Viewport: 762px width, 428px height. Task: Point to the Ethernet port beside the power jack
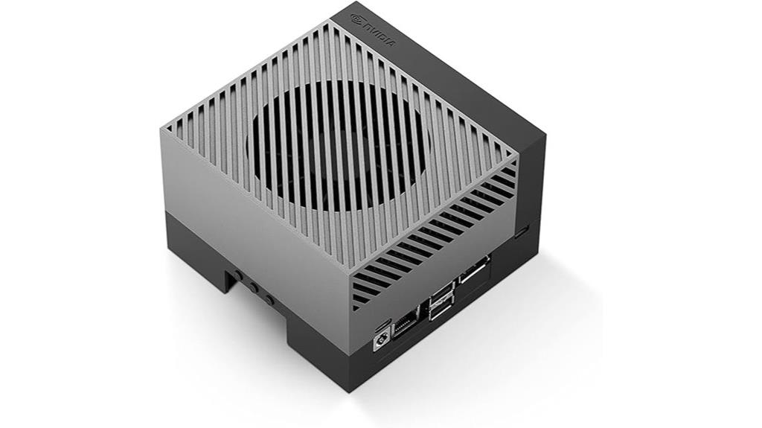click(x=403, y=326)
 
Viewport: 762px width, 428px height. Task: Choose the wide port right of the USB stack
click(x=474, y=269)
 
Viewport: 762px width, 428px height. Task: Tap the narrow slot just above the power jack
click(x=383, y=322)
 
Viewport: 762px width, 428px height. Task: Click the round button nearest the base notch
click(x=238, y=275)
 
